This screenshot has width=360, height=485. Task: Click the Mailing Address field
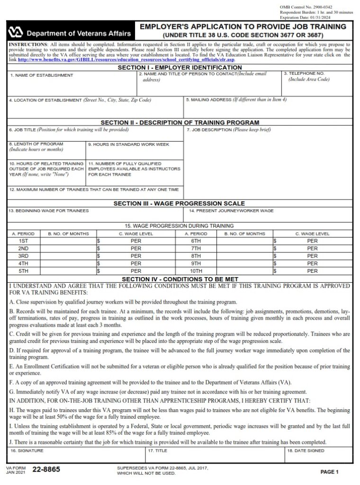point(268,110)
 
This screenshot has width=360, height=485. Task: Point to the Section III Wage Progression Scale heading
point(179,204)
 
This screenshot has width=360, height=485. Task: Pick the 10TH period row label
point(196,271)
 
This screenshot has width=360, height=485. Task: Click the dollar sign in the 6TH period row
point(275,241)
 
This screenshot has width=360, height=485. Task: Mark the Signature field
point(76,456)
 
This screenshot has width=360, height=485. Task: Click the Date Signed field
point(318,456)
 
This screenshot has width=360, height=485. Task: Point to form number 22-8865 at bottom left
point(46,470)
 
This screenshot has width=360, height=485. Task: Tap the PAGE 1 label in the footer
point(330,472)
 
